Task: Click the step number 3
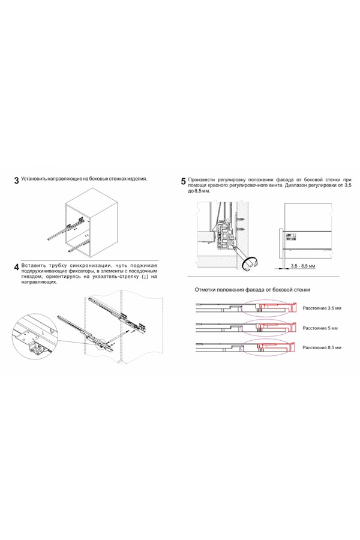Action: [16, 181]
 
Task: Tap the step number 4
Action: [16, 268]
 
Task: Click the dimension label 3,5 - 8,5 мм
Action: [302, 265]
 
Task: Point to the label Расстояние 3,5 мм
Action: [322, 307]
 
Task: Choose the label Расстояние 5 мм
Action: [320, 328]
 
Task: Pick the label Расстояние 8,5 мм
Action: [322, 347]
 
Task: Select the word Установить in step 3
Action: [33, 179]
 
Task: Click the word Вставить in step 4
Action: [34, 265]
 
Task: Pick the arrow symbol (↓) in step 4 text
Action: [145, 277]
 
